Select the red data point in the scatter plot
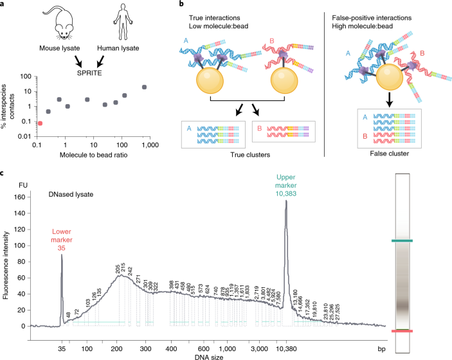(x=40, y=123)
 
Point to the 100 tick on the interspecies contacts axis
(x=28, y=76)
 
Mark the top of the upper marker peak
(x=285, y=201)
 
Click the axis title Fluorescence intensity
(x=6, y=264)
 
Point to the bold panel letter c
(x=5, y=173)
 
